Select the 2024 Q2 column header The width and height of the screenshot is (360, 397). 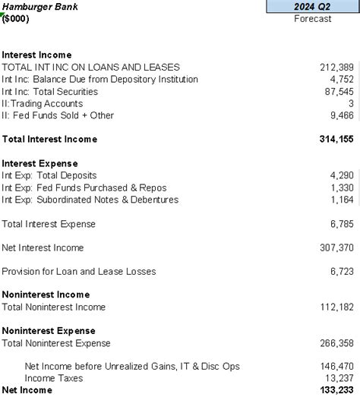313,7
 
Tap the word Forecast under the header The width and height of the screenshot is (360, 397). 313,19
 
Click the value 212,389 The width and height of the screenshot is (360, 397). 336,67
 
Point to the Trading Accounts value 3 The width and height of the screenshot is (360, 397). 351,103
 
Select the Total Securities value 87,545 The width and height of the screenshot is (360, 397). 339,91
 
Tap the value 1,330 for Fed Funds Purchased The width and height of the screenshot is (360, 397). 343,187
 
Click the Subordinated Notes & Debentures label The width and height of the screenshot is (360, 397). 90,200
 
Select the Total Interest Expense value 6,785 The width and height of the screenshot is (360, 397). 343,224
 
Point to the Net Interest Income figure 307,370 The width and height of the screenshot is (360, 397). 336,248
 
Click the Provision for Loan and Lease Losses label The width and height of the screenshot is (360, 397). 78,272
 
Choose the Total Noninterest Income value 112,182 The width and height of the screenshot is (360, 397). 336,307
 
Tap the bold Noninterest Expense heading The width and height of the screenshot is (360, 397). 49,331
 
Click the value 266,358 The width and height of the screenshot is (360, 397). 336,343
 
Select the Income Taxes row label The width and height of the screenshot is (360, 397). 54,378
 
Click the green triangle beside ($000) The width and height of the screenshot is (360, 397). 3,14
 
